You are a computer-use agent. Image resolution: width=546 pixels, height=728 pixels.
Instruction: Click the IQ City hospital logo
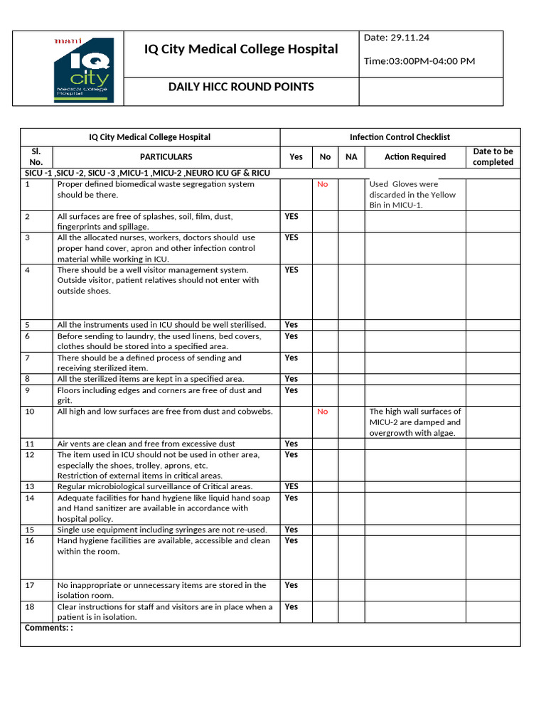tap(82, 68)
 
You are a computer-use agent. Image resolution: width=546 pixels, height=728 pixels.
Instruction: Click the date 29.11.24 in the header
tap(395, 37)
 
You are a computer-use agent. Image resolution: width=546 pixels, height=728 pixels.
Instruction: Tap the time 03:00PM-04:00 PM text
tap(419, 61)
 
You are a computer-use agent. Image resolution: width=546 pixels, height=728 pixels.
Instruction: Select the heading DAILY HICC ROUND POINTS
tap(240, 87)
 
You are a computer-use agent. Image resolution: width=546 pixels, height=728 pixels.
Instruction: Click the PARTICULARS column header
tap(166, 157)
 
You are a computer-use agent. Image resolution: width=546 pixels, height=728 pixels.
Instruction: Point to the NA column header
tap(351, 157)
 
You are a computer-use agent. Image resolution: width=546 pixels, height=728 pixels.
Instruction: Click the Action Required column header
tap(414, 157)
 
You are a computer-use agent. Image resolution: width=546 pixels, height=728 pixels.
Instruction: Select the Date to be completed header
tap(493, 157)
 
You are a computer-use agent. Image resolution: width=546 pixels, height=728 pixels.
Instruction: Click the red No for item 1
tap(323, 184)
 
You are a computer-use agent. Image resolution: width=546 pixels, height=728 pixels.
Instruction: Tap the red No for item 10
tap(323, 412)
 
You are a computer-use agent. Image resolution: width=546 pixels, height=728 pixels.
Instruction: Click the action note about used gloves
tap(412, 195)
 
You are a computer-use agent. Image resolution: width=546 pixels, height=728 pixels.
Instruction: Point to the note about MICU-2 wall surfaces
tap(414, 422)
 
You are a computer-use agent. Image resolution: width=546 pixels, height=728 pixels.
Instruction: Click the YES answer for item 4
tap(291, 270)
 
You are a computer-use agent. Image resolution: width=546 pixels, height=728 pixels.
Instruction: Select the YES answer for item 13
tap(291, 487)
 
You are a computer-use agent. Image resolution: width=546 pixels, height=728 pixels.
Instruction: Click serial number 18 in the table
tap(30, 607)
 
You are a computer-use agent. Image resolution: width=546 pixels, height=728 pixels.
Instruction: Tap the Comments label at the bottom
tap(48, 628)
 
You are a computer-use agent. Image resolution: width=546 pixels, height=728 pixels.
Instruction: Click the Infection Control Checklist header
tap(400, 137)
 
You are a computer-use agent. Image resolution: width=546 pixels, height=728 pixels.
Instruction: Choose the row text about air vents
tap(146, 444)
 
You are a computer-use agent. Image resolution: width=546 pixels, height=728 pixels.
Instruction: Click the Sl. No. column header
tap(36, 157)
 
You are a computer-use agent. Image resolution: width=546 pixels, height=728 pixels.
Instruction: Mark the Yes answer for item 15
tap(291, 530)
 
